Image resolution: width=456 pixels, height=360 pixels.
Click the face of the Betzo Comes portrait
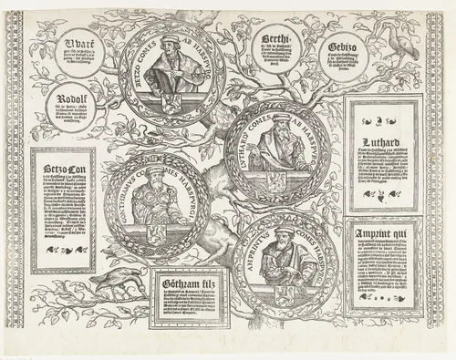click(x=169, y=53)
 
